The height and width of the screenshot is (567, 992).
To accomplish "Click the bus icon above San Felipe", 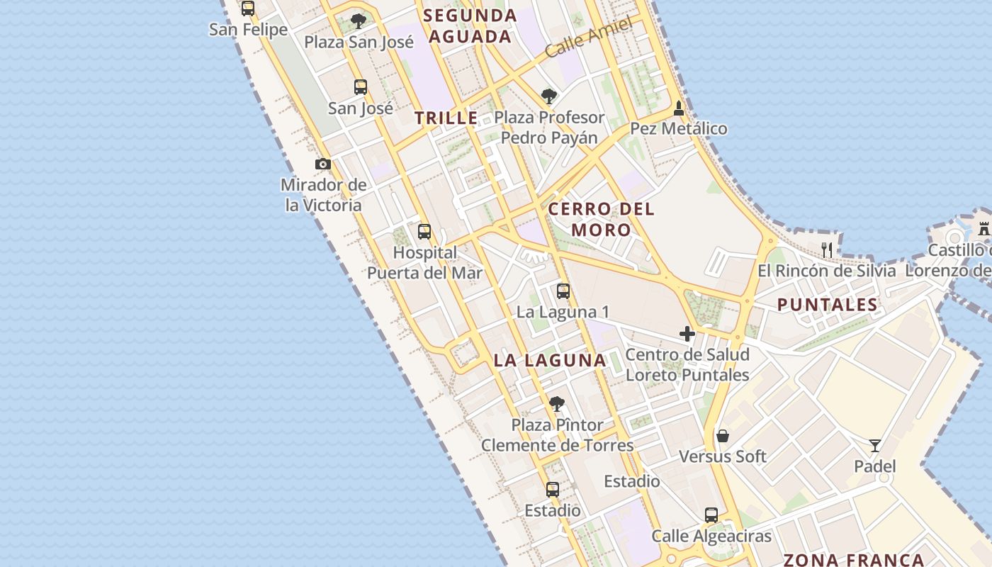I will (x=247, y=9).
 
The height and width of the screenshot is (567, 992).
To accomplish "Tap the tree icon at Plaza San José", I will (x=359, y=21).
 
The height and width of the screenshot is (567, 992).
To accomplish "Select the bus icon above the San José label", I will (x=361, y=87).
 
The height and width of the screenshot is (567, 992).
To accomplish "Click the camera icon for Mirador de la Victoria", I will (x=323, y=164).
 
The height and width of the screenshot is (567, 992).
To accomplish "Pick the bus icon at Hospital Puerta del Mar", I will (x=424, y=232).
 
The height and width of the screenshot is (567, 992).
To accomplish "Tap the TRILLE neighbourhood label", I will (x=446, y=118).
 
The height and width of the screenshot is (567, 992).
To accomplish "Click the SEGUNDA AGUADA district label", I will (x=470, y=26).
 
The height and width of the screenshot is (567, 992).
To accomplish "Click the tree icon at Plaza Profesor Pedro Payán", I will (x=548, y=96).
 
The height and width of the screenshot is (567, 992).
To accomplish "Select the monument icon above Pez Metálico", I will (x=679, y=108).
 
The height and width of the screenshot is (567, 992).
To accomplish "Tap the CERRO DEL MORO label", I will (x=601, y=219).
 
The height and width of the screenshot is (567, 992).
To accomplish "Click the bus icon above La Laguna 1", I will (x=563, y=291).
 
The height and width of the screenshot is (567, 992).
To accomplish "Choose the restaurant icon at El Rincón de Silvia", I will (x=827, y=249).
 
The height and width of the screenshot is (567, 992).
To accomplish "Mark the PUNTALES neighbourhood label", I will (x=827, y=305).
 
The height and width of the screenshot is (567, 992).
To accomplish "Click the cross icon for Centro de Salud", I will (x=687, y=333).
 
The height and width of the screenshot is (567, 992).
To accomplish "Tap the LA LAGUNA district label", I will (x=550, y=360).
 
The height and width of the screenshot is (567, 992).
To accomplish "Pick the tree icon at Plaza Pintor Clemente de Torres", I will (x=557, y=404).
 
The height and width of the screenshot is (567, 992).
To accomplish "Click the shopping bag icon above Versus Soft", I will (x=723, y=435).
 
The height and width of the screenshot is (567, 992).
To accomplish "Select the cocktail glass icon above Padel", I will (x=875, y=446).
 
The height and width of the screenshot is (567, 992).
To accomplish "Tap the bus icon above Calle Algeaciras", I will (x=711, y=515).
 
